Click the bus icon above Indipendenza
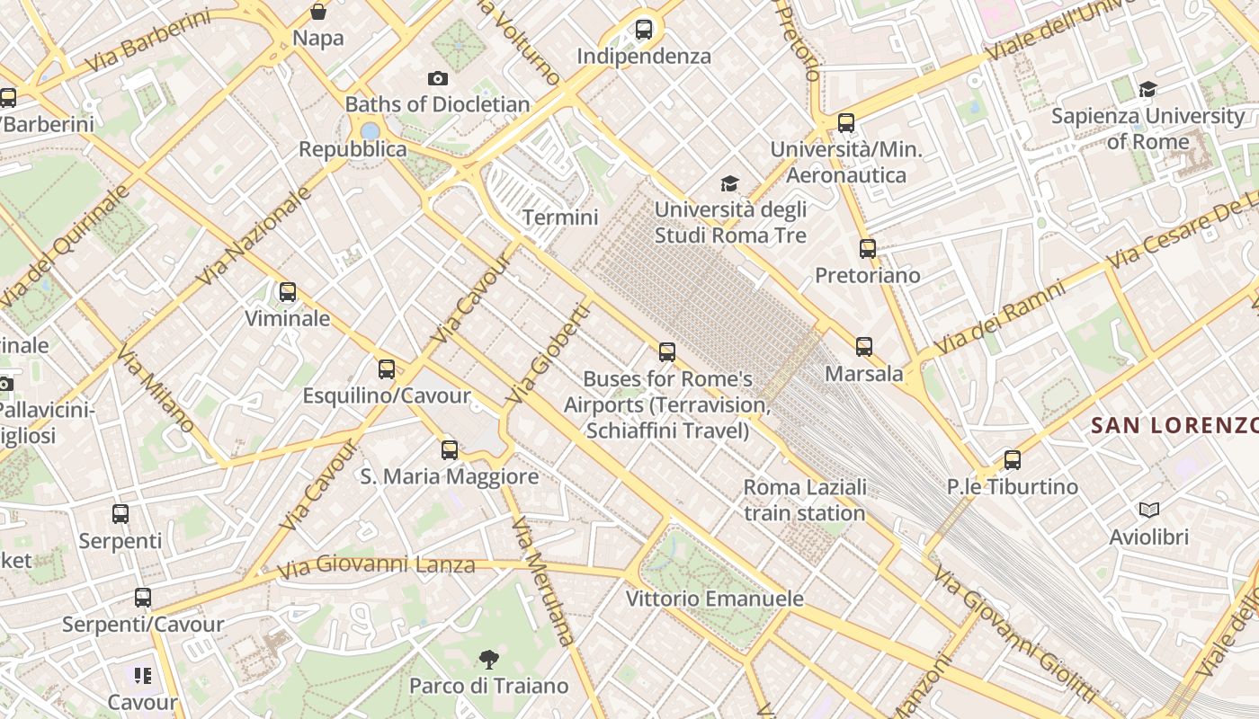click(x=644, y=30)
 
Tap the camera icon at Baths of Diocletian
click(x=438, y=79)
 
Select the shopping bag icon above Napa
click(x=318, y=12)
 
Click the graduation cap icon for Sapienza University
click(x=1147, y=89)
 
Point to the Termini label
click(x=560, y=217)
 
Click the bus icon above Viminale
click(x=288, y=292)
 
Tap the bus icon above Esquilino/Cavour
click(x=387, y=368)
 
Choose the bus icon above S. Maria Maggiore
click(x=450, y=449)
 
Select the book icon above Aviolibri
click(x=1148, y=510)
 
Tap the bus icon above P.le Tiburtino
click(x=1013, y=460)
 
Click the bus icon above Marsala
click(x=864, y=346)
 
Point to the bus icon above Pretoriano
click(x=868, y=249)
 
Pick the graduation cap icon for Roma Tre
click(x=729, y=184)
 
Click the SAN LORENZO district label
click(x=1174, y=425)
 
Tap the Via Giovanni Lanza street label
click(x=375, y=567)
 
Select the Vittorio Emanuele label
click(x=715, y=599)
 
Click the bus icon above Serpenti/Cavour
click(x=143, y=598)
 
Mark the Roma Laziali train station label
click(x=805, y=501)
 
